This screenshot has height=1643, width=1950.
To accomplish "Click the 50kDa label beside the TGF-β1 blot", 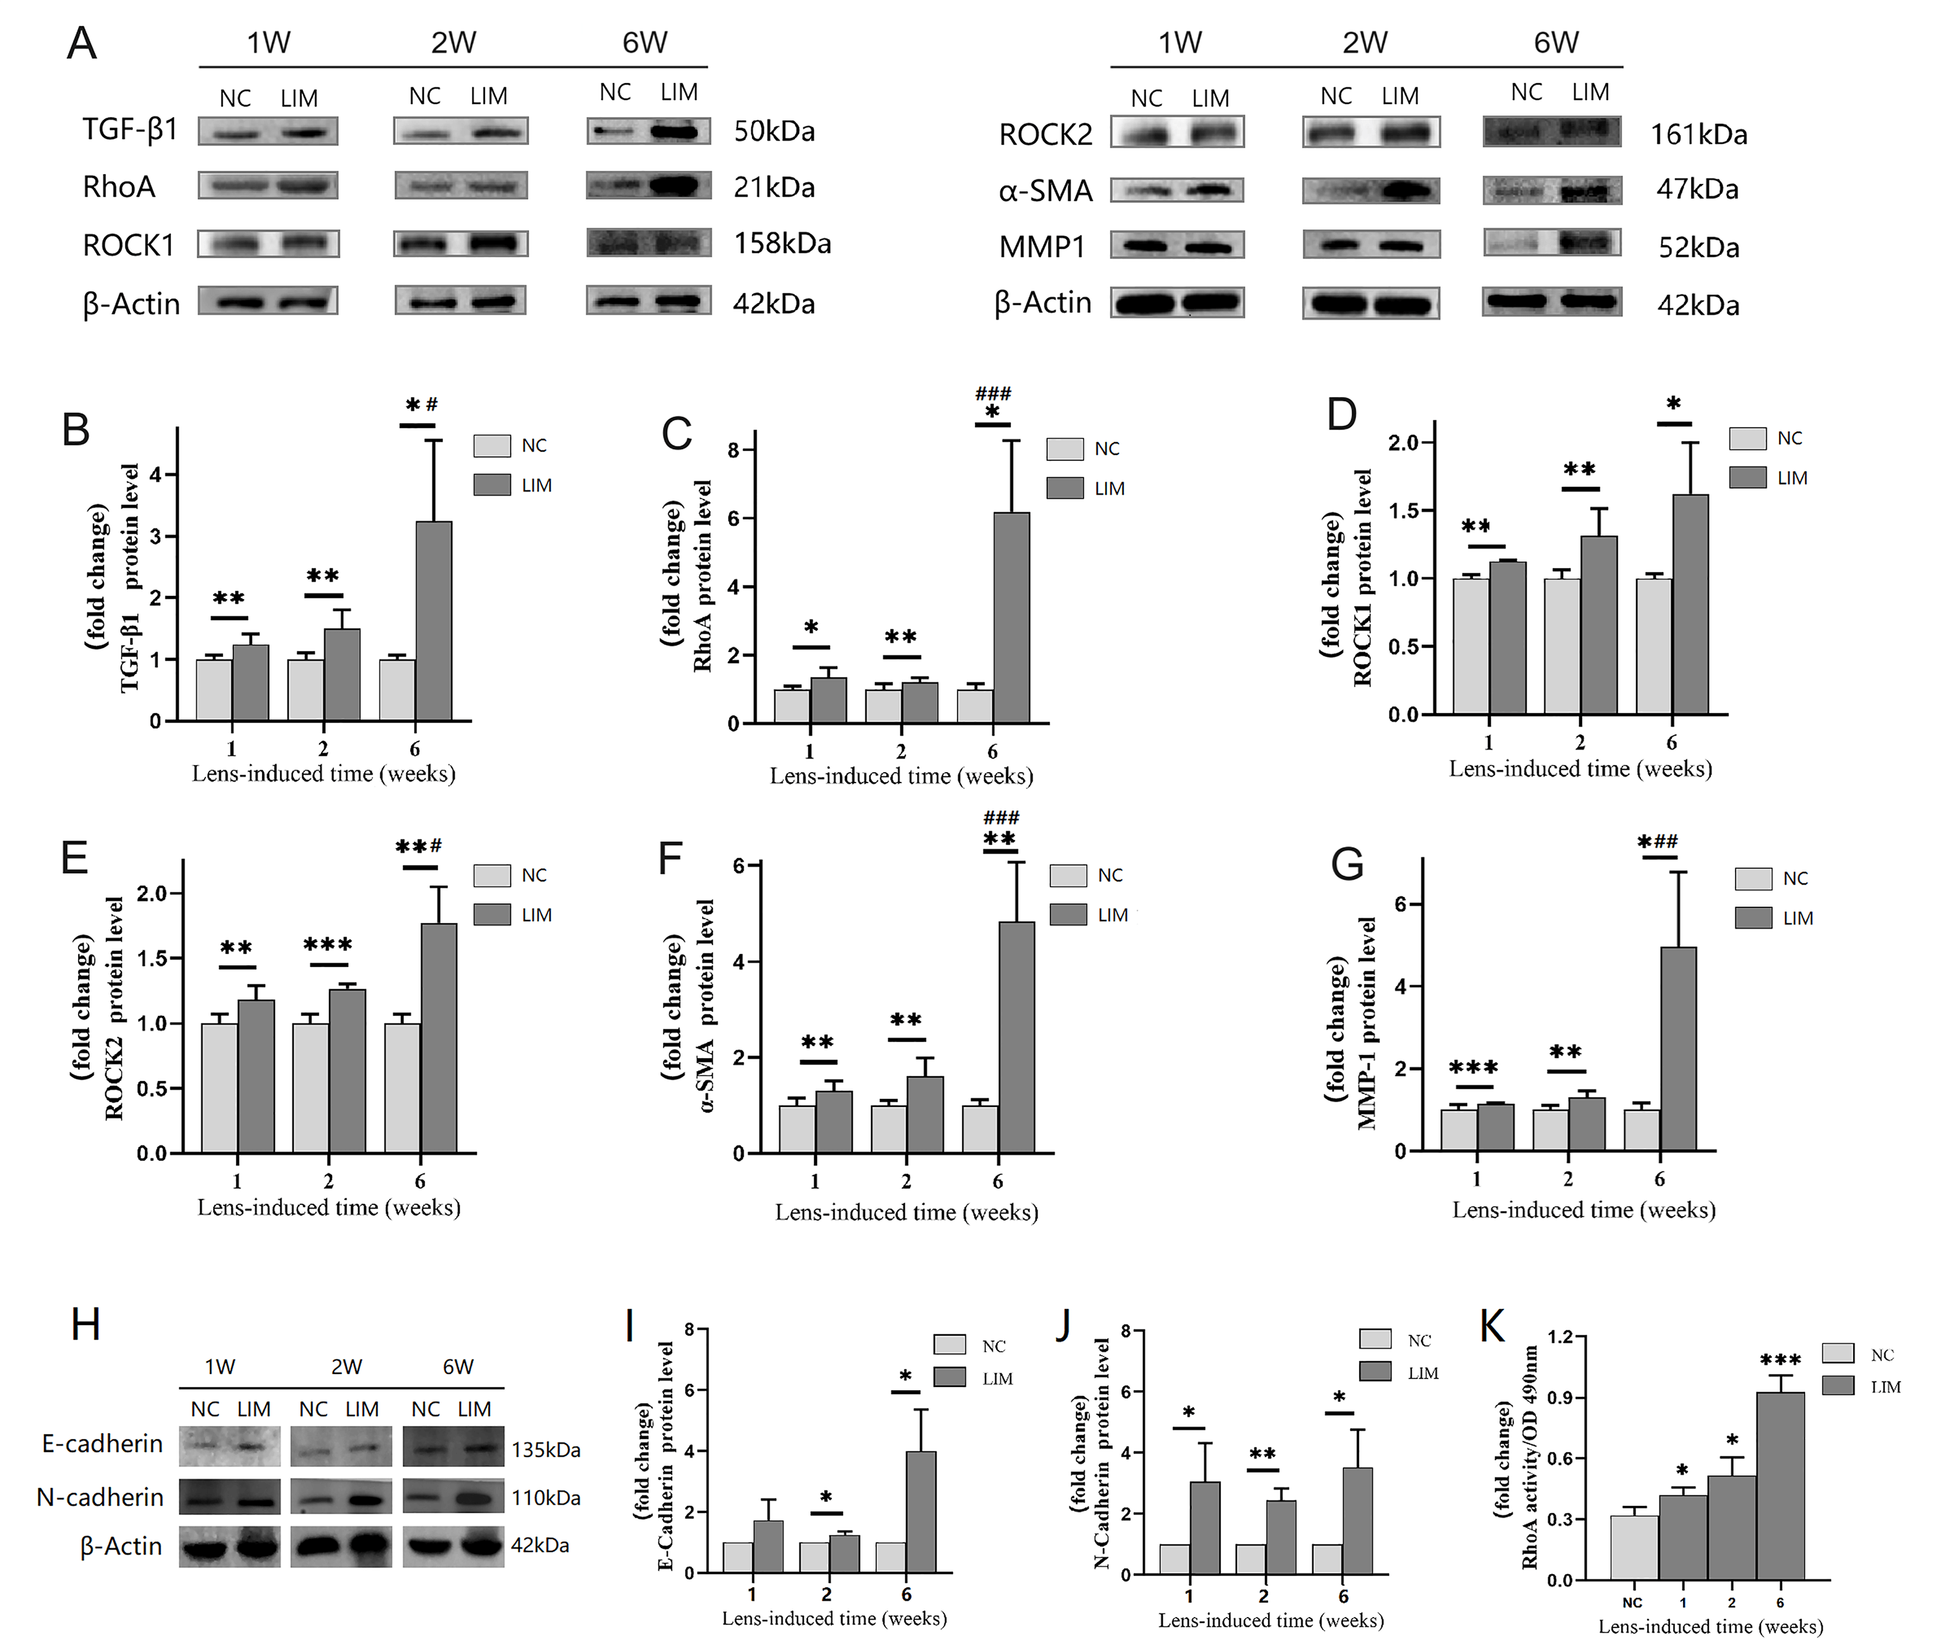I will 773,131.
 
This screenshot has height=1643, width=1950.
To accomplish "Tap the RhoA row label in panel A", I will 118,187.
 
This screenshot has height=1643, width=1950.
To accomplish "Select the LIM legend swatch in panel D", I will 1747,478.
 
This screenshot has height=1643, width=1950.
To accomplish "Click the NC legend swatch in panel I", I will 950,1345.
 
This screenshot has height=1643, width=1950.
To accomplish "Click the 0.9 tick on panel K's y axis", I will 1559,1397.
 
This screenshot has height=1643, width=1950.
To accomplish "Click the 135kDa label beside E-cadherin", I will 545,1450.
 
